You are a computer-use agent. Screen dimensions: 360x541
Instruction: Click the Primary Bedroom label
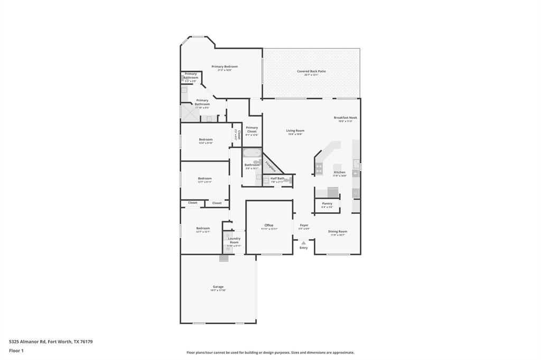click(225, 67)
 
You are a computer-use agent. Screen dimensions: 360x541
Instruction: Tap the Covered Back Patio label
click(311, 71)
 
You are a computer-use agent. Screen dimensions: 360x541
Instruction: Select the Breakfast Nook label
click(345, 118)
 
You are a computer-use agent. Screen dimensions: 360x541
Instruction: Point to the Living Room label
click(295, 130)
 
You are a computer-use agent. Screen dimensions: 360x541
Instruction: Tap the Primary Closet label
click(252, 129)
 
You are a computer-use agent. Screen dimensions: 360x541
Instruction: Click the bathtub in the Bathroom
click(252, 153)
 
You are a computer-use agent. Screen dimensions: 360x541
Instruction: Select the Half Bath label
click(277, 178)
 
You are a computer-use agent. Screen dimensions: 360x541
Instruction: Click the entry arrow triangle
click(303, 243)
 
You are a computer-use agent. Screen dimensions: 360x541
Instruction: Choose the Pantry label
click(327, 203)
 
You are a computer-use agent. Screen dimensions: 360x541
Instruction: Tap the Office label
click(269, 225)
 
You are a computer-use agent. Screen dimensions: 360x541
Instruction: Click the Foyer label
click(304, 225)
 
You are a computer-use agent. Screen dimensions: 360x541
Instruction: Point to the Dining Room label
click(338, 231)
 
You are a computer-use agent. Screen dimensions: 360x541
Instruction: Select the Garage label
click(218, 287)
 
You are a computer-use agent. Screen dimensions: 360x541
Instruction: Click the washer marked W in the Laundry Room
click(228, 248)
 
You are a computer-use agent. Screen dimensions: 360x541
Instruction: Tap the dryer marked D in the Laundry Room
click(228, 235)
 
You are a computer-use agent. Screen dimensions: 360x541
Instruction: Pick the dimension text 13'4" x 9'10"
click(206, 143)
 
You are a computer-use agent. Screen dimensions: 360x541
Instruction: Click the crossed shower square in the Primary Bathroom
click(188, 113)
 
